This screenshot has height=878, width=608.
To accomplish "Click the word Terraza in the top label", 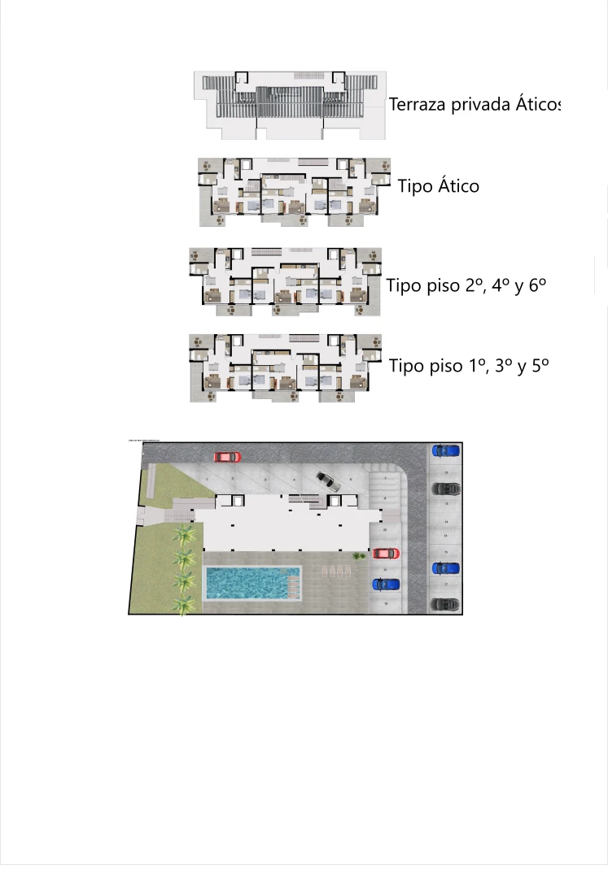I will [418, 105].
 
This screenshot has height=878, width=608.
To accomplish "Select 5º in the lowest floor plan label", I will [540, 366].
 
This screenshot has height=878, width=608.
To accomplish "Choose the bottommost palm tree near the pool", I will [185, 603].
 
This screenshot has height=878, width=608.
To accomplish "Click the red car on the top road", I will [227, 457].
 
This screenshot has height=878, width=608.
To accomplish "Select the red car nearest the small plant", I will [386, 554].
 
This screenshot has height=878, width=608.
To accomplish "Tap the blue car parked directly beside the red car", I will [386, 584].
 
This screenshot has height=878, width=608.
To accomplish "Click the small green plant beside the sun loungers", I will [358, 555].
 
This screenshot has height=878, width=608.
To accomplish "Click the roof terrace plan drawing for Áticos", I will [289, 105].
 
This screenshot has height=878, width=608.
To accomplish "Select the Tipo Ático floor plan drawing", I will [294, 192].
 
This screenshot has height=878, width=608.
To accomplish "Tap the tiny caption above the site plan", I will [144, 440].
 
